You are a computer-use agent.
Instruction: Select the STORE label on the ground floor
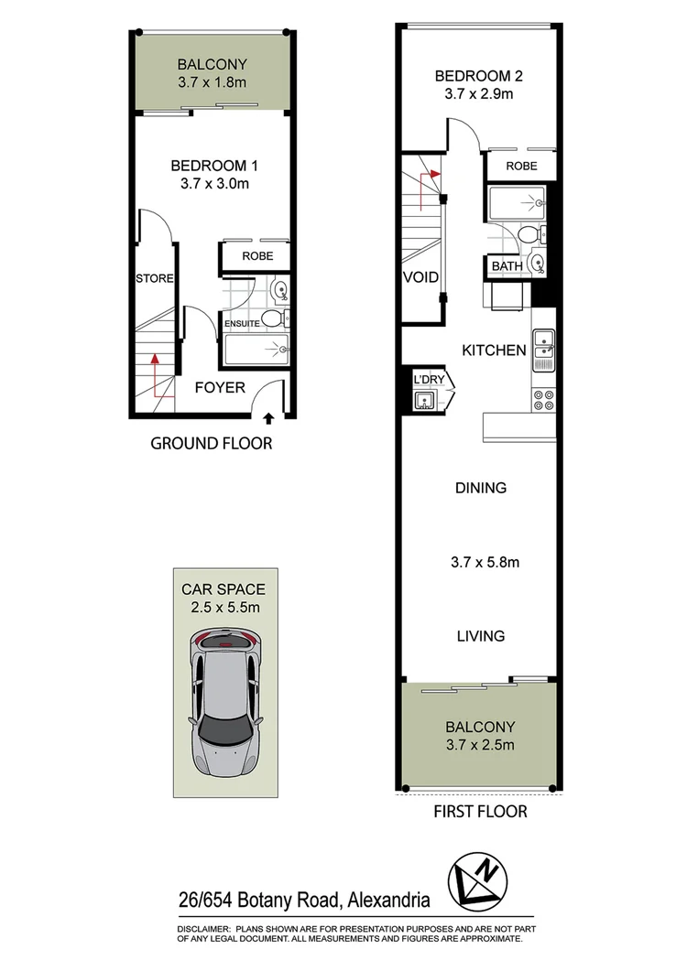[x=154, y=278]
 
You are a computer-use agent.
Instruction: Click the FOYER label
[x=220, y=387]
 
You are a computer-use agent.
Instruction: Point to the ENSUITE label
[x=237, y=323]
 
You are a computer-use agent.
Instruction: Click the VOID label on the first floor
[x=420, y=277]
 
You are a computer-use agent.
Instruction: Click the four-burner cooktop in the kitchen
[x=544, y=399]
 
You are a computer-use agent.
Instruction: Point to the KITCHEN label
[x=494, y=350]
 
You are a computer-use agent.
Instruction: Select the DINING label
[x=481, y=488]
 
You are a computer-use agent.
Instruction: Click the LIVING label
[x=481, y=636]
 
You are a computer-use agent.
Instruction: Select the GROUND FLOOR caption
[x=212, y=444]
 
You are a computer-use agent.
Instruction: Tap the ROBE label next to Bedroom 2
[x=521, y=166]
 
